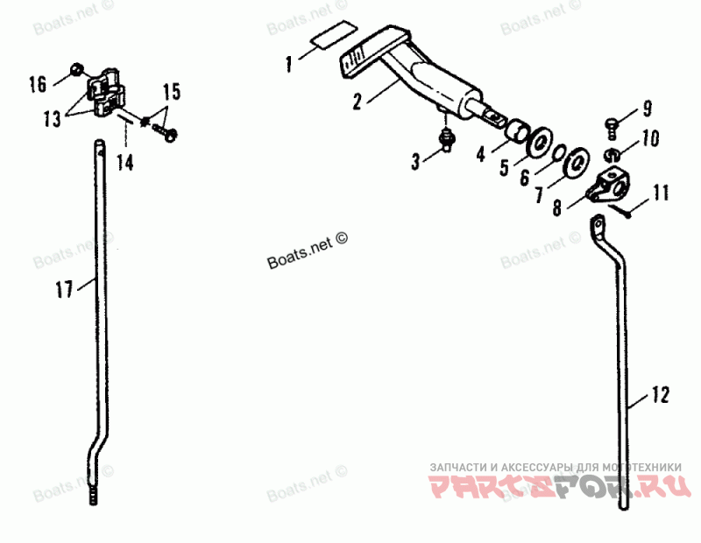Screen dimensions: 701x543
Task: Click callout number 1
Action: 288,62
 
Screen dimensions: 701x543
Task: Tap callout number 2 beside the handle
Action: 358,101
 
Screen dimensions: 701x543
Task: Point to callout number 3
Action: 415,159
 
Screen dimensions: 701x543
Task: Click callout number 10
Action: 649,138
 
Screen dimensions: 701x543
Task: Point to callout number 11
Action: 660,190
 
